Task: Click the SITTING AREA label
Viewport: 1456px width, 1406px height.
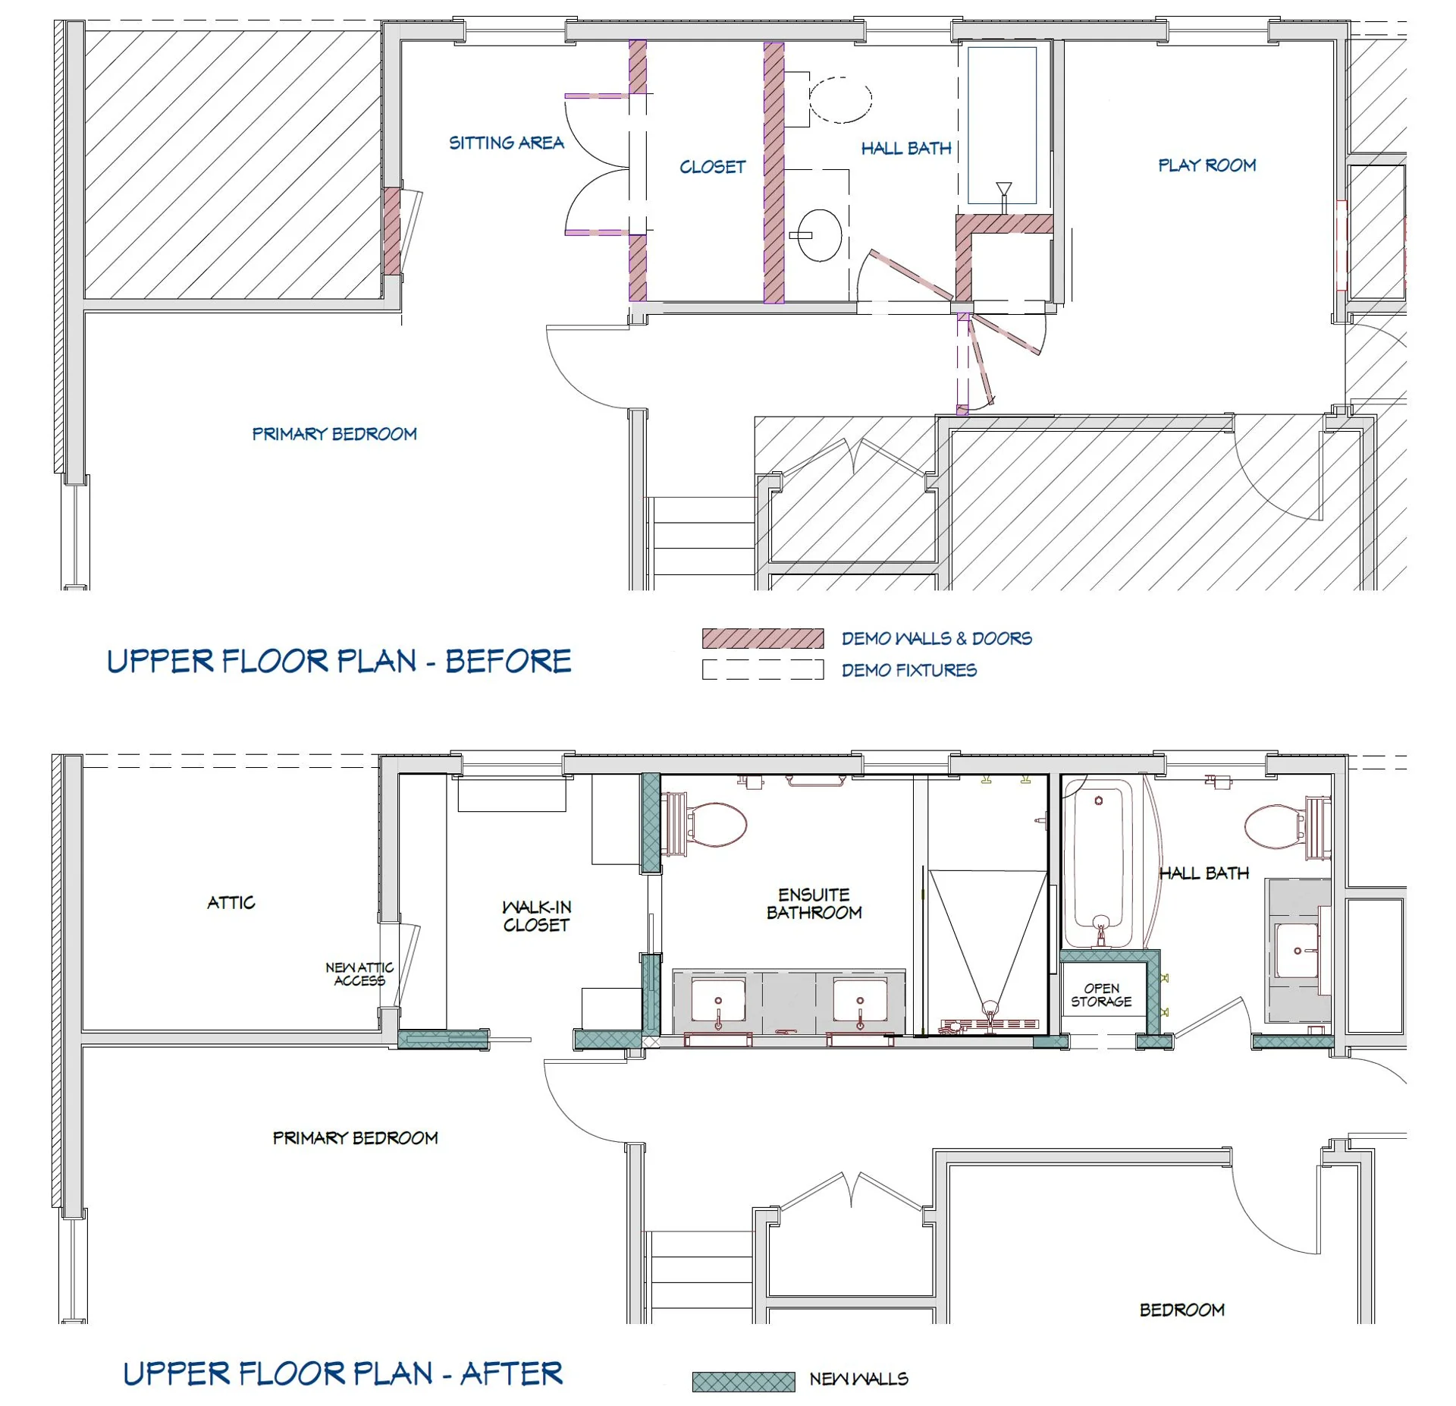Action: tap(506, 143)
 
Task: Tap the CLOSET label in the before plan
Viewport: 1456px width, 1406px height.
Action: tap(712, 167)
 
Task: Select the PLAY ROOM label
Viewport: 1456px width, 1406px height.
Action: tap(1207, 165)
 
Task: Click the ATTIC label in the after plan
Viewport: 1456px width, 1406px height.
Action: tap(231, 902)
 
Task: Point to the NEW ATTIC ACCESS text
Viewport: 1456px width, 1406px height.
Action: tap(359, 974)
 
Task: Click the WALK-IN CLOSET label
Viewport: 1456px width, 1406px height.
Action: tap(536, 916)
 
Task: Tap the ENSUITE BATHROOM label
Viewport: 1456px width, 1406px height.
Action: tap(814, 903)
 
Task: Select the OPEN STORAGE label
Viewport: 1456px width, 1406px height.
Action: tap(1101, 995)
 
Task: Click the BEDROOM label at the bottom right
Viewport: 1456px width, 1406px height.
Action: tap(1181, 1310)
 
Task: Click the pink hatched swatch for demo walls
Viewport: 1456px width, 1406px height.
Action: tap(762, 638)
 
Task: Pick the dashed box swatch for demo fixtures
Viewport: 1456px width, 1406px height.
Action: tap(762, 669)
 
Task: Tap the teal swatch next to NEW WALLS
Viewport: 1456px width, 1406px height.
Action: tap(743, 1382)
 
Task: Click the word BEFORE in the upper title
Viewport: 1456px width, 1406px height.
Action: tap(508, 661)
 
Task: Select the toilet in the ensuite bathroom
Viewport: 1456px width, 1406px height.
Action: tap(713, 825)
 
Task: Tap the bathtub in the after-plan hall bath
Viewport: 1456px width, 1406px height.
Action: tap(1098, 865)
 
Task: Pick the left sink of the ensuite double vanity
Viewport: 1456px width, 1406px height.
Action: tap(717, 1001)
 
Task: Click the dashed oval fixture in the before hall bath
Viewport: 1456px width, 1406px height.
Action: tap(840, 99)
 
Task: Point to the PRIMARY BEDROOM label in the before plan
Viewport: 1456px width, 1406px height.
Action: tap(334, 434)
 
